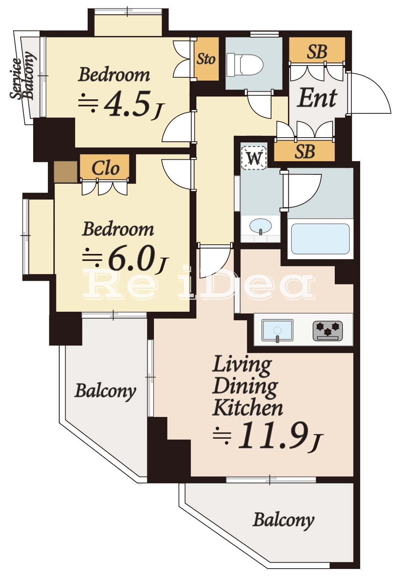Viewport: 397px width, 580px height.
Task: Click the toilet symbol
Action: tap(245, 65)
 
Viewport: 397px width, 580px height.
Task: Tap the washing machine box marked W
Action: tap(254, 158)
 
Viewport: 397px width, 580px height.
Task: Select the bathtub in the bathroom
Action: tap(320, 239)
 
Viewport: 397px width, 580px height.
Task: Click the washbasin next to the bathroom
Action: tap(261, 227)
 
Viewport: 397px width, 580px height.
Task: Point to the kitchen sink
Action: tap(277, 330)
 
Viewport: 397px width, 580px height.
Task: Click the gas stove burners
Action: tap(328, 330)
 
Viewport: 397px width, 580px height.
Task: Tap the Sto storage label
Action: tap(206, 59)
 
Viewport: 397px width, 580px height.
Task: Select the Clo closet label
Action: tap(105, 168)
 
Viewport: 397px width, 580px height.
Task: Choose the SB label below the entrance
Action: tap(305, 151)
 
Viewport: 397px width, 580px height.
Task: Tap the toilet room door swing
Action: tap(259, 105)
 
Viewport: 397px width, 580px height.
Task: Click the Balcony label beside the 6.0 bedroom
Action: tap(105, 392)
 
